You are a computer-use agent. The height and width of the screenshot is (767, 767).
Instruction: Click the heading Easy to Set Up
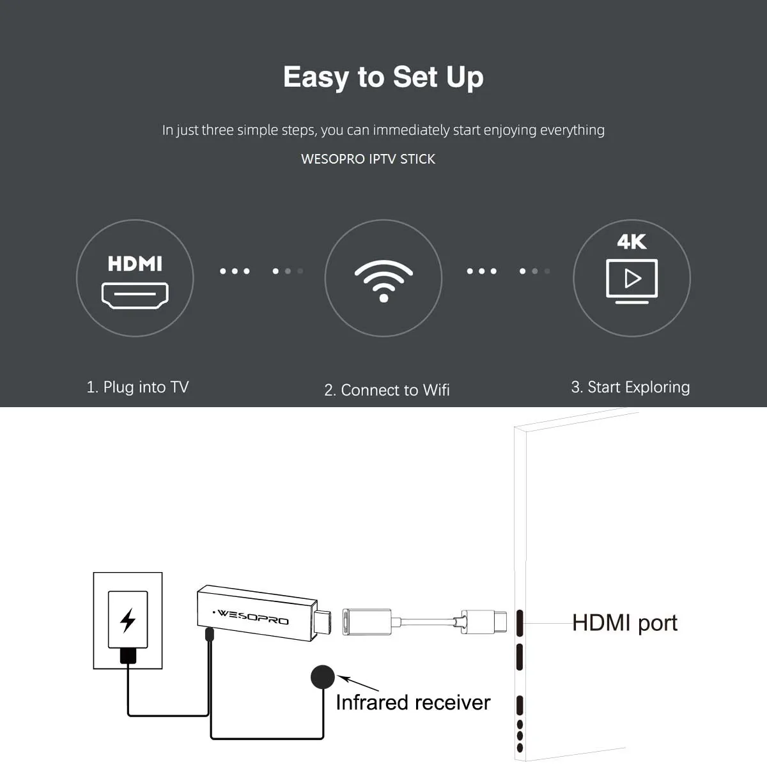[x=383, y=77]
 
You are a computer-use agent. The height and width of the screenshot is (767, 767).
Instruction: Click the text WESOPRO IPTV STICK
[x=368, y=159]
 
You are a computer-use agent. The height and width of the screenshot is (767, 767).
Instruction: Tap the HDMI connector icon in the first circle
[x=135, y=295]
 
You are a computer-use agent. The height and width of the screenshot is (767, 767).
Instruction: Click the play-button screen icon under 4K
[x=631, y=280]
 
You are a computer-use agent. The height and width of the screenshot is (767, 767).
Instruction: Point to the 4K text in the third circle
[x=631, y=242]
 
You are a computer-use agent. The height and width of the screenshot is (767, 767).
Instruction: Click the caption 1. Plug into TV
[x=137, y=387]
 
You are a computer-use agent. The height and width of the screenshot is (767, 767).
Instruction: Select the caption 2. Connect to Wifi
[x=387, y=390]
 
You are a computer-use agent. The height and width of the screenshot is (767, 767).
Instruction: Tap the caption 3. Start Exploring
[x=630, y=387]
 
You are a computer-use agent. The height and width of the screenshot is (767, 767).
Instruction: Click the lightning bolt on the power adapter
[x=128, y=620]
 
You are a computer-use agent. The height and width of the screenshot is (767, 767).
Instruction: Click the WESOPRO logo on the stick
[x=253, y=617]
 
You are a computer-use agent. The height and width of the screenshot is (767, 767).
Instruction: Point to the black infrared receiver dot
[x=323, y=677]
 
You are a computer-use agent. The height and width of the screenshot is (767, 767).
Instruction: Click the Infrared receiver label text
[x=413, y=702]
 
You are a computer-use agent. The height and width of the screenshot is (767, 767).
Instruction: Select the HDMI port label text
[x=624, y=623]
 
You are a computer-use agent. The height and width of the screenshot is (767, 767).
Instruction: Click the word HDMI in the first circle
[x=135, y=263]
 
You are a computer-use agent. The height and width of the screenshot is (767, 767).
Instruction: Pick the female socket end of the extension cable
[x=366, y=622]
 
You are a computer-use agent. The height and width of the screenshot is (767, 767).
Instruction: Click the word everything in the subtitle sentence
[x=572, y=130]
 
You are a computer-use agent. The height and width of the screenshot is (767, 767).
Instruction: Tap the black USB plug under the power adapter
[x=128, y=655]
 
